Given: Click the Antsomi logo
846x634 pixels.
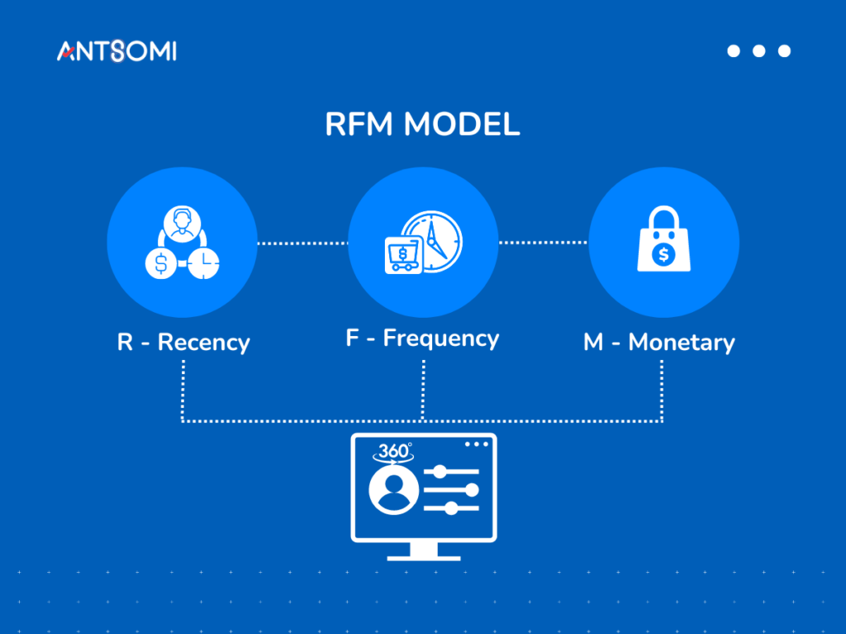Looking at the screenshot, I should click(x=116, y=51).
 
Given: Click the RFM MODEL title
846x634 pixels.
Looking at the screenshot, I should click(x=422, y=125).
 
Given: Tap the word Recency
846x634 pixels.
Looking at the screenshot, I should click(x=204, y=342).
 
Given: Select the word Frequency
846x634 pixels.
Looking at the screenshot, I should click(x=441, y=338).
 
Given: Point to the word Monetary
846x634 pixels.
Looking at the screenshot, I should click(x=682, y=342).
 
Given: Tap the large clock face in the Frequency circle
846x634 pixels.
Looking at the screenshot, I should click(x=435, y=242).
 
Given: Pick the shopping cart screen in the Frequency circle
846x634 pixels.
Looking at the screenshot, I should click(x=403, y=254).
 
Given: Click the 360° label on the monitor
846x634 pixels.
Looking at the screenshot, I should click(x=394, y=452).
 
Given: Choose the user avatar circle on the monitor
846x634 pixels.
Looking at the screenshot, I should click(x=394, y=491).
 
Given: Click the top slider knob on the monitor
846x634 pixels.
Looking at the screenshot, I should click(x=440, y=471).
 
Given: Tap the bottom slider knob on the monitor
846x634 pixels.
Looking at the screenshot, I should click(x=451, y=509).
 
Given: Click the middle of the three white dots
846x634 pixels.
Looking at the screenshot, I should click(x=758, y=51).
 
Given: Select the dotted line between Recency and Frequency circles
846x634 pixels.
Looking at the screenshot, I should click(x=302, y=243).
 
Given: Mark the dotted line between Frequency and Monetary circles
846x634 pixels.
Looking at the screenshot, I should click(x=542, y=243).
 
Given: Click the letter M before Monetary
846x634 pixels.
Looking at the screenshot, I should click(x=593, y=342).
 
